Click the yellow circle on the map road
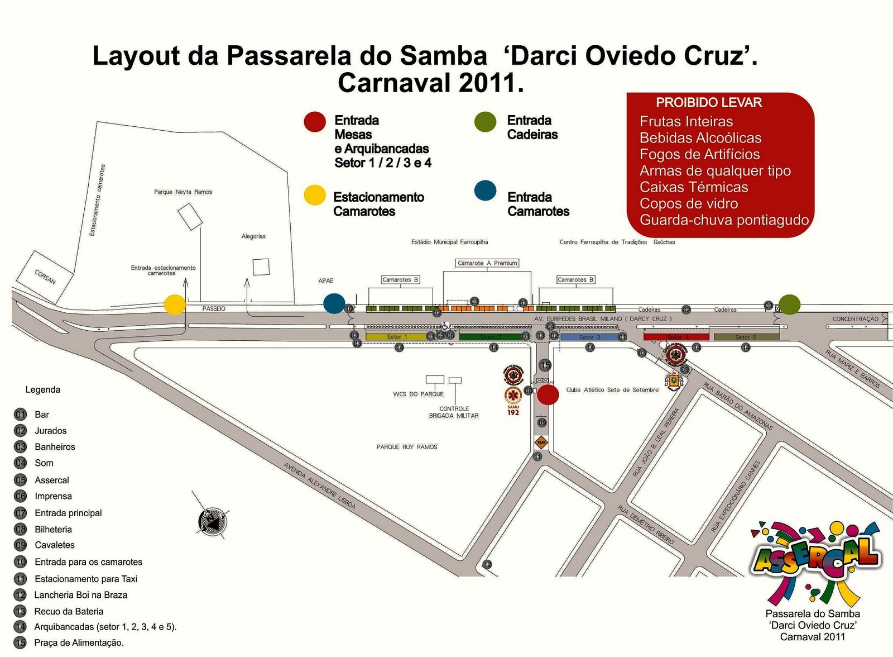[x=175, y=304]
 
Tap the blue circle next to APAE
[x=334, y=303]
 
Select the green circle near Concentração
[x=789, y=304]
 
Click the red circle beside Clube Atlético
[x=548, y=394]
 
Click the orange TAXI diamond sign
[x=541, y=442]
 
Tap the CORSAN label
[x=45, y=277]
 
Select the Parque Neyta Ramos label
[x=183, y=192]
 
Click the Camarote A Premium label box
[x=487, y=263]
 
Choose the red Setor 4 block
[x=676, y=337]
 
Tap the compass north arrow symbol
[x=213, y=521]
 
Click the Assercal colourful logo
[x=816, y=559]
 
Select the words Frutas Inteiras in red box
[x=686, y=122]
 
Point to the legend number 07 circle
[x=21, y=513]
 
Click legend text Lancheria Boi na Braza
[x=81, y=595]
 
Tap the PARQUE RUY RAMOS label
[x=407, y=447]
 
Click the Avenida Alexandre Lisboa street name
[x=319, y=485]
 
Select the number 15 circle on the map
[x=545, y=365]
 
